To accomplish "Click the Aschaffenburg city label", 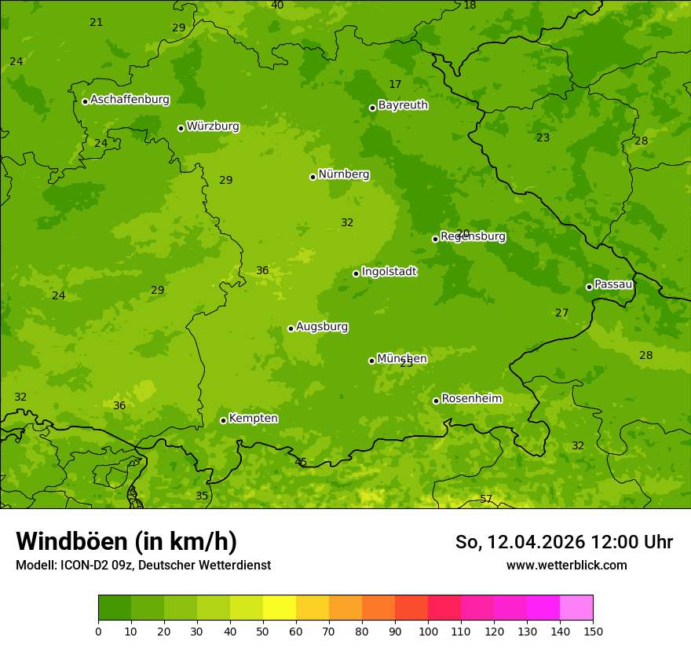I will pyautogui.click(x=130, y=100).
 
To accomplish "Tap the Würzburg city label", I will pyautogui.click(x=213, y=126).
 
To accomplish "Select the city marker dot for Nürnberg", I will pyautogui.click(x=313, y=177).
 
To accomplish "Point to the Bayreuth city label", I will pyautogui.click(x=403, y=105).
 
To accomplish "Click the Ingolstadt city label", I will pyautogui.click(x=389, y=272).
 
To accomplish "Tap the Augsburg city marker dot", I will pyautogui.click(x=291, y=328).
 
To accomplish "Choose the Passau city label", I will pyautogui.click(x=613, y=284).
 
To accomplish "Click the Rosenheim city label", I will pyautogui.click(x=471, y=399).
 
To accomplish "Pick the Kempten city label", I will pyautogui.click(x=253, y=419).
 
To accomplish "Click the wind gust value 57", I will pyautogui.click(x=486, y=500).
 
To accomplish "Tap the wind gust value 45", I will pyautogui.click(x=301, y=462).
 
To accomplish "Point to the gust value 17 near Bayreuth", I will pyautogui.click(x=395, y=85).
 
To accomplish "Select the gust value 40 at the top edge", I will pyautogui.click(x=277, y=5).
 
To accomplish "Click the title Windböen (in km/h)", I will pyautogui.click(x=126, y=541).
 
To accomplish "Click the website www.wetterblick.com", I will pyautogui.click(x=566, y=565).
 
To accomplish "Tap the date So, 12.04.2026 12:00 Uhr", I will pyautogui.click(x=564, y=542).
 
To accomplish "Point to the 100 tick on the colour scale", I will pyautogui.click(x=428, y=631).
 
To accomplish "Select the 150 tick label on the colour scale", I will pyautogui.click(x=593, y=631).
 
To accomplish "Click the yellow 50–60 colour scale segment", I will pyautogui.click(x=280, y=608).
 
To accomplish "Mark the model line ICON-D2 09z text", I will pyautogui.click(x=143, y=565).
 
